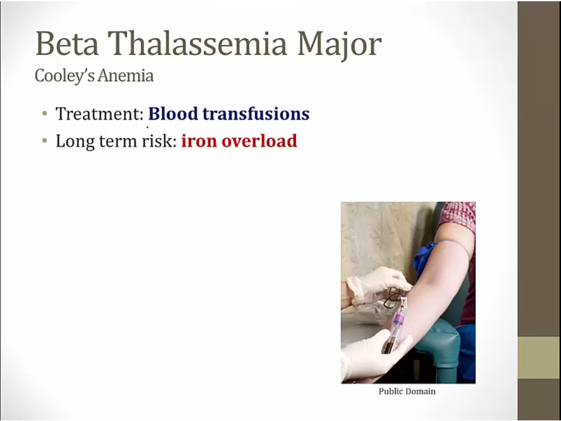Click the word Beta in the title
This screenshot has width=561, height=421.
[x=67, y=43]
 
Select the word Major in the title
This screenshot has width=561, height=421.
[x=339, y=45]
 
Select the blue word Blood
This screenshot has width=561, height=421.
[x=173, y=114]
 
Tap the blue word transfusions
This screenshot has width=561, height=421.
[x=256, y=114]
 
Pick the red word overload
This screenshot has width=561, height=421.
[x=259, y=141]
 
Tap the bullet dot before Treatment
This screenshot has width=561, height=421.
[x=44, y=114]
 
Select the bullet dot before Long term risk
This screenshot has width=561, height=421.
[x=44, y=141]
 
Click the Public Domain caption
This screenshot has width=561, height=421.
[x=407, y=391]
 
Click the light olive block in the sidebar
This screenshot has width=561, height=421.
[x=539, y=357]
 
